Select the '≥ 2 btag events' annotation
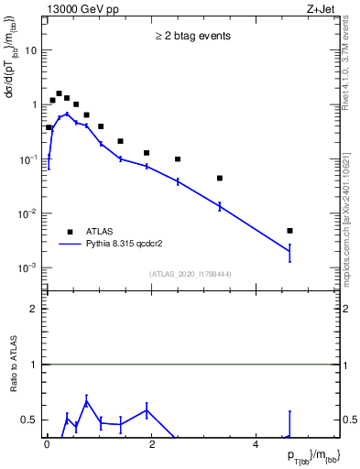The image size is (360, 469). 192,37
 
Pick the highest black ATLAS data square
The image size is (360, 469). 59,93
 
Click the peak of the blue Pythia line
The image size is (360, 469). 67,114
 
